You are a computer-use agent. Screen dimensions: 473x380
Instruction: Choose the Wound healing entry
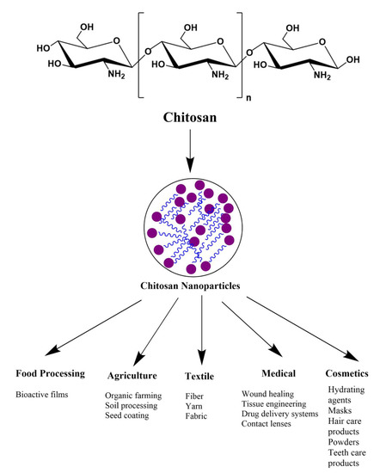(x=268, y=392)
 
